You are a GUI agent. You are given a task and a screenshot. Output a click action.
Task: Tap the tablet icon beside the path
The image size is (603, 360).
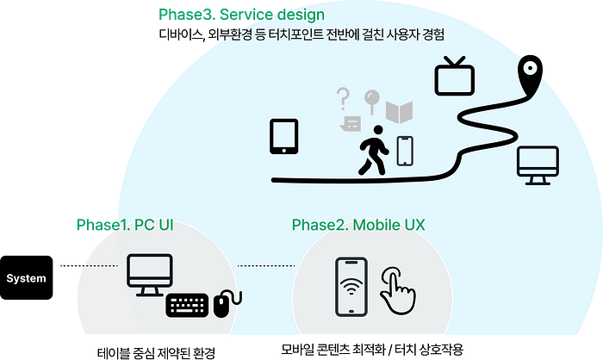284,136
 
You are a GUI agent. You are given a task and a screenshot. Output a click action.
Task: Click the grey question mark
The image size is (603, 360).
343,99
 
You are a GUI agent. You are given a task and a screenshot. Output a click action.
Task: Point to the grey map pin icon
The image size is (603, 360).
371,102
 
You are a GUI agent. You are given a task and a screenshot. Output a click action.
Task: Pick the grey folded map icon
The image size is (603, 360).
400,112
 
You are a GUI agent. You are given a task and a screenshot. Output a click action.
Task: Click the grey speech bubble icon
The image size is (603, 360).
349,124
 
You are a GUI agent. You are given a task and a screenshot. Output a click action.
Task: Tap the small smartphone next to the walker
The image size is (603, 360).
405,151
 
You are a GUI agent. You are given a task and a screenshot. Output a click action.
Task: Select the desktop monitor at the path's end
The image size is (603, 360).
537,164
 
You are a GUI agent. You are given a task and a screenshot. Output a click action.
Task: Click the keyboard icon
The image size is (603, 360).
187,303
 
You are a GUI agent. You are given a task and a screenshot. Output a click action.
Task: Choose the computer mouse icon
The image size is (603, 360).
223,303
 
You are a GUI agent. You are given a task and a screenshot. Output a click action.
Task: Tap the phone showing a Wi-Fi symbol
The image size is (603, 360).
351,286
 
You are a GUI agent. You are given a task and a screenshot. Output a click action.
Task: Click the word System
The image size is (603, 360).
26,279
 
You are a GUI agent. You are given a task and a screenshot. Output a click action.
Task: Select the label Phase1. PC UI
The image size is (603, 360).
125,225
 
